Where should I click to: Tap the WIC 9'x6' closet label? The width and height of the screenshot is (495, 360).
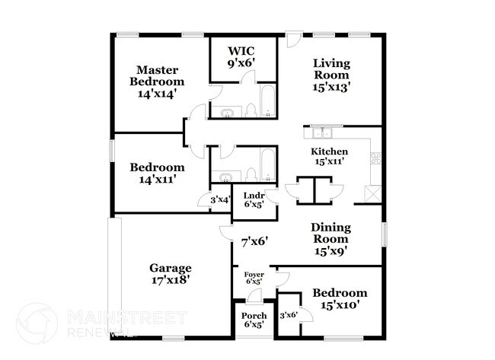[237, 58]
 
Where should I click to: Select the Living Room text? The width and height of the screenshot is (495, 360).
[331, 75]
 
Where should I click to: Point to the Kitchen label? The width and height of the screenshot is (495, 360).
[331, 157]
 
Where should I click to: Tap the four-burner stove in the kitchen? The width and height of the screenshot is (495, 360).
[374, 158]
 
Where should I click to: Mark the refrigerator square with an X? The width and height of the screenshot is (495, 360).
[372, 194]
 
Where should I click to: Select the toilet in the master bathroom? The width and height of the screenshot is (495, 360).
[249, 113]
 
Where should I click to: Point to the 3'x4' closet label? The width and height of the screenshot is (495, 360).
[222, 200]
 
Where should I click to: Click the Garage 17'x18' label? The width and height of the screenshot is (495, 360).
[170, 274]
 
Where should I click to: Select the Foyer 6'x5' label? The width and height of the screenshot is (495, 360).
[253, 278]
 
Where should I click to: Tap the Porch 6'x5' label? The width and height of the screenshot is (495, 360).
[253, 320]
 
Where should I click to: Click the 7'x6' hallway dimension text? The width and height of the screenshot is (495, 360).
[253, 242]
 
